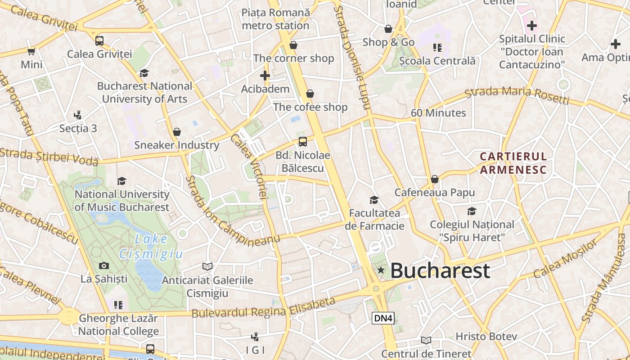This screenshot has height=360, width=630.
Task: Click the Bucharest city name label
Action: click(x=440, y=270)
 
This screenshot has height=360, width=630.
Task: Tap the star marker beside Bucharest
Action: click(x=381, y=270)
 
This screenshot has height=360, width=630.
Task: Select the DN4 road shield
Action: click(x=383, y=318)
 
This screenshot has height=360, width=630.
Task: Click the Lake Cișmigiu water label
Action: click(x=151, y=247)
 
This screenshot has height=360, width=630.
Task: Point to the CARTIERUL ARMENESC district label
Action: click(x=513, y=163)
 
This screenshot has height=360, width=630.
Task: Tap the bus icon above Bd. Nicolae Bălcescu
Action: click(x=303, y=142)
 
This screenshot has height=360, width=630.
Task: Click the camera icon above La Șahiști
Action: click(x=104, y=265)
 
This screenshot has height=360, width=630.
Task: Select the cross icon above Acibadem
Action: click(x=265, y=76)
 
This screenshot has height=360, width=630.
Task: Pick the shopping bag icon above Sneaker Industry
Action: click(x=177, y=132)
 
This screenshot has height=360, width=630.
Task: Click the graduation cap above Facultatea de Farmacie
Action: click(x=374, y=200)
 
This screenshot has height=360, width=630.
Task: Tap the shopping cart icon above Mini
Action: click(x=31, y=51)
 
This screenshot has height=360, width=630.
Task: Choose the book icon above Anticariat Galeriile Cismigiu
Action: click(x=207, y=267)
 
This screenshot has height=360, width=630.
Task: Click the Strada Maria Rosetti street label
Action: click(x=517, y=95)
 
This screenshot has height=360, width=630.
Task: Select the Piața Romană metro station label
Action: click(x=276, y=19)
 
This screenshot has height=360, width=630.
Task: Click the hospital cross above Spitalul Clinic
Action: click(x=532, y=25)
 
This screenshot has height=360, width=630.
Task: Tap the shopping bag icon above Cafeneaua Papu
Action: click(x=434, y=179)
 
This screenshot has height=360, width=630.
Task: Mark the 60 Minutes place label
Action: click(x=438, y=113)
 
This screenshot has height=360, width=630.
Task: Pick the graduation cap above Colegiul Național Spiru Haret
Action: click(x=472, y=211)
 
